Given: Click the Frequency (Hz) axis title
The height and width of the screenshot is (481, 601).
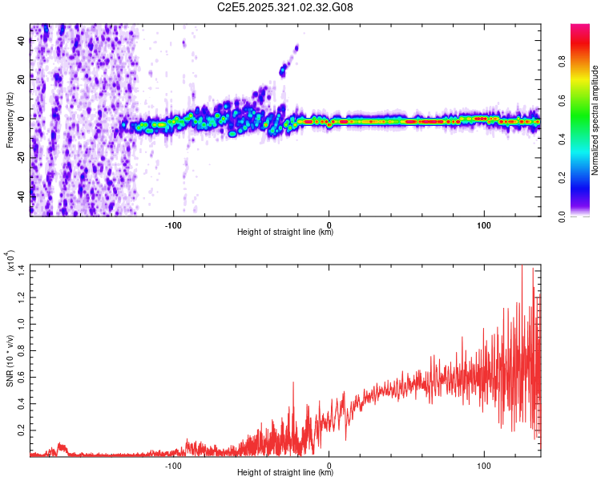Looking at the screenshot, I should (x=10, y=119).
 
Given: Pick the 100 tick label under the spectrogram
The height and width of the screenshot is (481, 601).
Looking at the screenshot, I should (x=484, y=224).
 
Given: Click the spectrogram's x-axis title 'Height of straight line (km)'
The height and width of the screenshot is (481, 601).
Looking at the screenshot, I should (x=285, y=232).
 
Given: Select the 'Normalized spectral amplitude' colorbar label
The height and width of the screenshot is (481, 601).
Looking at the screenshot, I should (x=595, y=120).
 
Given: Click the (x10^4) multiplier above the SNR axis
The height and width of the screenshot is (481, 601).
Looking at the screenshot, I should (x=10, y=262).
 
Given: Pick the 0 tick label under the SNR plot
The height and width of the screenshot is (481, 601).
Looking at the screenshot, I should (x=329, y=464).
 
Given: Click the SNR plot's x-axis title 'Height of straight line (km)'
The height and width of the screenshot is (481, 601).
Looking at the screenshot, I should (x=285, y=473).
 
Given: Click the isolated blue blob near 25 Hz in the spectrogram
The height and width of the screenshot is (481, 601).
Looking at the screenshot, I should (x=282, y=71).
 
